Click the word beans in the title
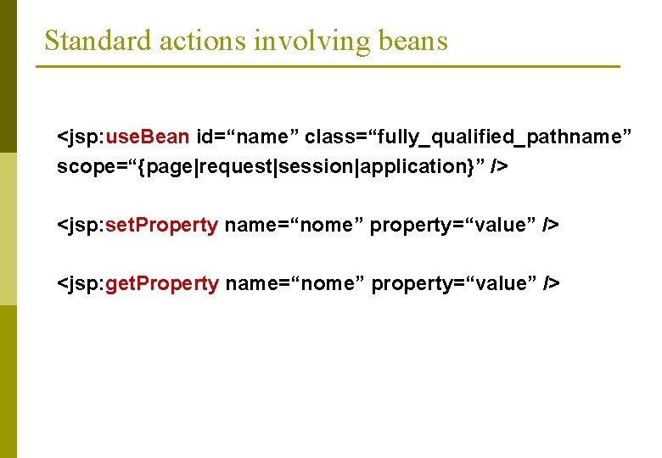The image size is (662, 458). [x=413, y=40]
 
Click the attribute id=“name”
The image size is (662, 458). [x=247, y=137]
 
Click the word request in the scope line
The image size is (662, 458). [x=236, y=166]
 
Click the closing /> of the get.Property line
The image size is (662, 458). [x=552, y=283]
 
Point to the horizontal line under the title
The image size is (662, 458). [x=331, y=66]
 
